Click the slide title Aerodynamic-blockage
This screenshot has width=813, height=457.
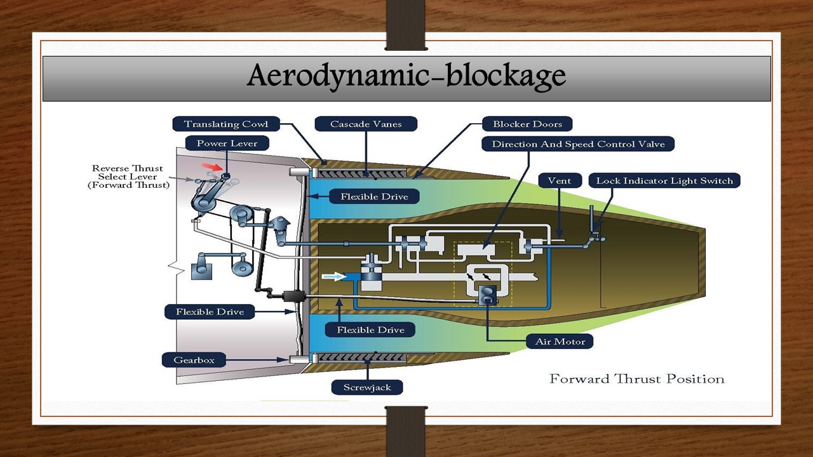click(406, 76)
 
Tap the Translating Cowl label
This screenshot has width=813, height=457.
click(225, 124)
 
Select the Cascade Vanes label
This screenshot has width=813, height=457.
click(366, 124)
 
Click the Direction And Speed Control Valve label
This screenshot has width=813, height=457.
click(578, 144)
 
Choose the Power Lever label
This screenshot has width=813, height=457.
click(227, 143)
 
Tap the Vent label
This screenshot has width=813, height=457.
click(559, 181)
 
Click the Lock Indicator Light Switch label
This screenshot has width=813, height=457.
click(664, 181)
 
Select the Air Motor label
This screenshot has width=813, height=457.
click(560, 341)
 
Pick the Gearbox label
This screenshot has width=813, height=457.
click(194, 361)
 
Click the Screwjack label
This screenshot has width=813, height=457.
click(367, 387)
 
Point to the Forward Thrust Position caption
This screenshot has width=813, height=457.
click(636, 379)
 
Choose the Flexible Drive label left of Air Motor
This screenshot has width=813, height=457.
click(370, 330)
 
